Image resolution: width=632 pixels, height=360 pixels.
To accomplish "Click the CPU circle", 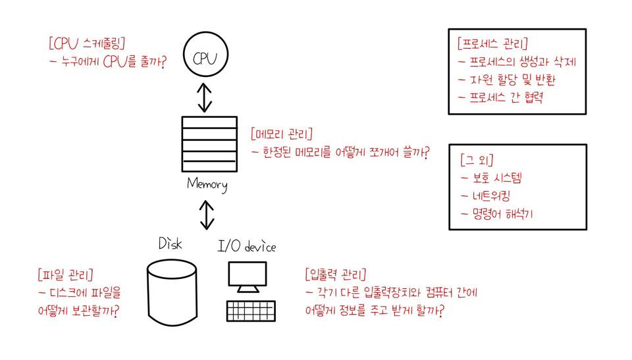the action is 205,58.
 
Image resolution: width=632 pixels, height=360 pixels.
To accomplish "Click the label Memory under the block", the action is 207,184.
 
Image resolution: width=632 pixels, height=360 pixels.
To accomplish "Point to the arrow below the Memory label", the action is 207,215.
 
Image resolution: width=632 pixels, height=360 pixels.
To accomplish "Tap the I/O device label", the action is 247,247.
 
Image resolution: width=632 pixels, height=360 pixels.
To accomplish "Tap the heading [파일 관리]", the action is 65,273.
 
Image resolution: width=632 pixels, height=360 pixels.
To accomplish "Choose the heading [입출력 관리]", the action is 336,273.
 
